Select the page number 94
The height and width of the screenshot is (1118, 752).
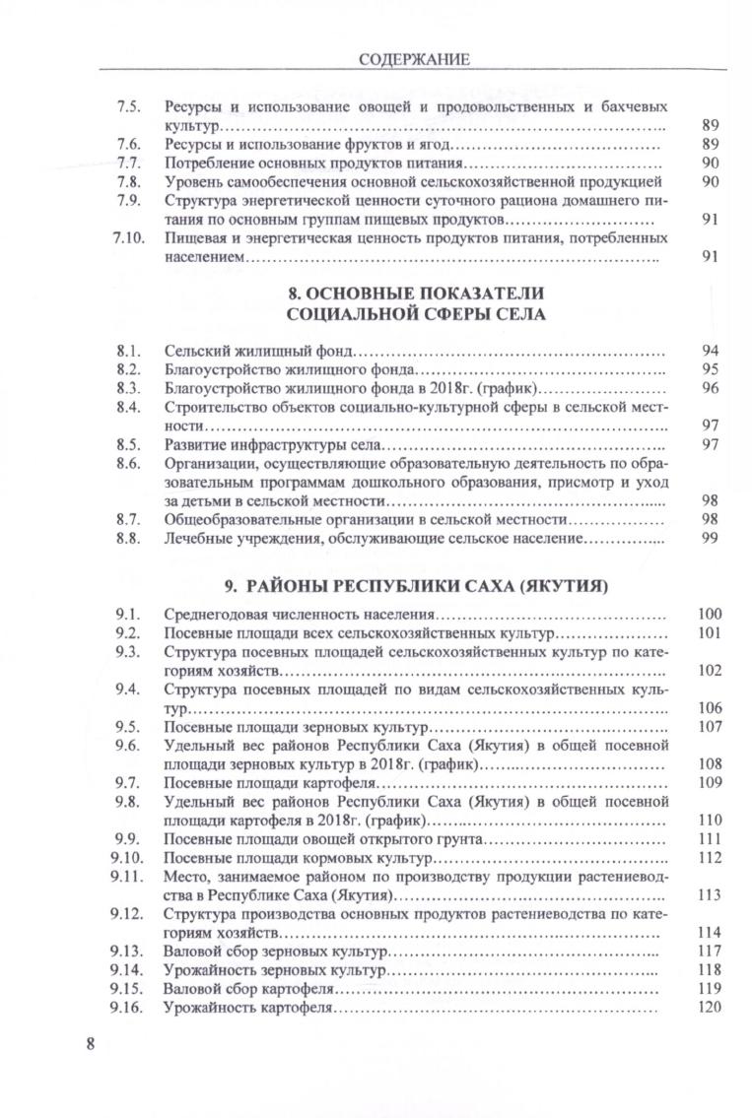coord(710,352)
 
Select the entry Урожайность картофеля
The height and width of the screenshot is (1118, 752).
coord(250,1009)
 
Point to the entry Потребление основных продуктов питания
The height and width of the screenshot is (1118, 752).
coord(312,164)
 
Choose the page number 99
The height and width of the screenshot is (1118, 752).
coord(710,539)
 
